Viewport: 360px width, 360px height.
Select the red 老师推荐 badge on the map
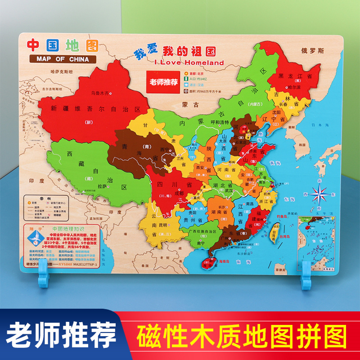point(161,82)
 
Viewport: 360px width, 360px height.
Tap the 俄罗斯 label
point(312,50)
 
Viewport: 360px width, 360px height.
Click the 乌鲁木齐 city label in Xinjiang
point(99,93)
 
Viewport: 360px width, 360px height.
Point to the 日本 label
point(310,126)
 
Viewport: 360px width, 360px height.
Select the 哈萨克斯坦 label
point(49,71)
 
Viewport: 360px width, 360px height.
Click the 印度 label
point(38,181)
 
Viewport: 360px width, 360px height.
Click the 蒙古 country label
point(193,104)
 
